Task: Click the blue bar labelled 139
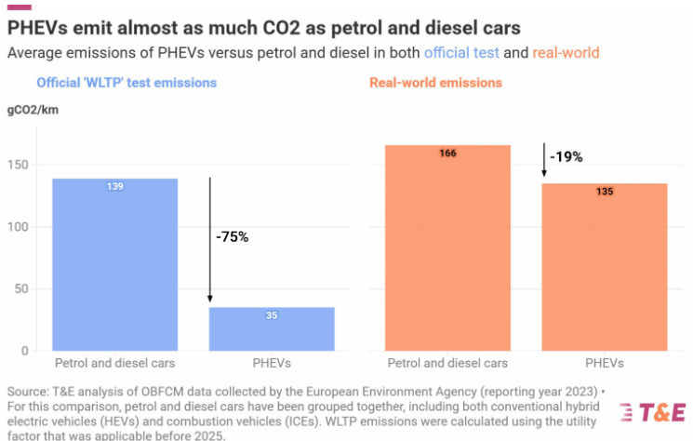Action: [115, 264]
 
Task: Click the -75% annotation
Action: [232, 236]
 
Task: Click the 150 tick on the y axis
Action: [20, 166]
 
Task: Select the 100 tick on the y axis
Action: [20, 227]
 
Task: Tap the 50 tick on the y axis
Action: [23, 289]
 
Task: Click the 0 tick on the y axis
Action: [26, 351]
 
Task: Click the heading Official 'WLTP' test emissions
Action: [127, 83]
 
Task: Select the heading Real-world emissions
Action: [435, 83]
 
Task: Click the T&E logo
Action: [651, 412]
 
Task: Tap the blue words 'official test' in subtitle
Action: [462, 53]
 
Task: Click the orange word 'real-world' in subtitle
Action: [566, 53]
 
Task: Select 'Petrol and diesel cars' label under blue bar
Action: [115, 363]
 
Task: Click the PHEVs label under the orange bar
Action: [605, 363]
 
